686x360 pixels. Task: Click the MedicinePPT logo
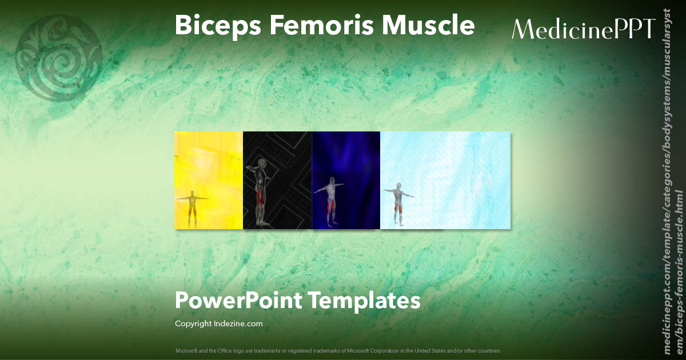click(x=583, y=29)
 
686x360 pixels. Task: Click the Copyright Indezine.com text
click(x=218, y=324)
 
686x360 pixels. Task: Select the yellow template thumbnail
click(x=209, y=180)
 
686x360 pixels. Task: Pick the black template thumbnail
click(x=277, y=180)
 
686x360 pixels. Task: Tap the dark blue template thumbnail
click(x=346, y=180)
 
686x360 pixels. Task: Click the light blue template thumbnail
click(x=445, y=180)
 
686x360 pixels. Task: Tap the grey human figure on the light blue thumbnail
click(x=398, y=203)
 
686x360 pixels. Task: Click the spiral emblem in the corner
click(x=59, y=58)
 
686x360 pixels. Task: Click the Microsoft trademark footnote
click(x=338, y=350)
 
